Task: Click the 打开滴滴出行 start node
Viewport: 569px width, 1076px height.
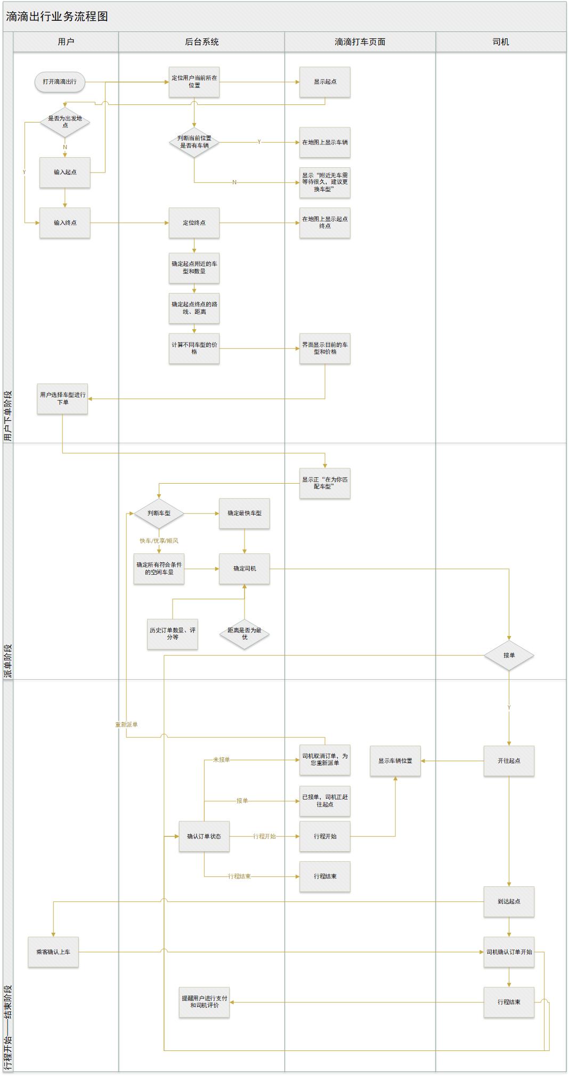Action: (60, 82)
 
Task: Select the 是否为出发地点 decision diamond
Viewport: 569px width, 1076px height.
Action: (65, 122)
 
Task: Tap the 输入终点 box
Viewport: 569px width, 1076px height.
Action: (65, 223)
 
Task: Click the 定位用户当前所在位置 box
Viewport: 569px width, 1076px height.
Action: (194, 82)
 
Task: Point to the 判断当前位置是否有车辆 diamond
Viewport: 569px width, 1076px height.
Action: (194, 142)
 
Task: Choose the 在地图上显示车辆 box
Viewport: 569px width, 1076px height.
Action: (325, 142)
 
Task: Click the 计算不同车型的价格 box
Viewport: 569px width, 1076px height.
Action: (194, 349)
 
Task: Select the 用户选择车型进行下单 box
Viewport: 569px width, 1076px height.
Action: (62, 399)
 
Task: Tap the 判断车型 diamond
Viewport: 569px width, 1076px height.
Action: (159, 513)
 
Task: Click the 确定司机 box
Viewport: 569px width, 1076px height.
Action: (245, 569)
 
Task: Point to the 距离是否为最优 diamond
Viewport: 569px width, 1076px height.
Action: (245, 634)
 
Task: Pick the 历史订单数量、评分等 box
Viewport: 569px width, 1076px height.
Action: (173, 634)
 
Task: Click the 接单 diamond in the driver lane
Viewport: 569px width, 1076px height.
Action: (509, 655)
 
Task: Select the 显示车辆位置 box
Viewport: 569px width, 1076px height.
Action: (395, 761)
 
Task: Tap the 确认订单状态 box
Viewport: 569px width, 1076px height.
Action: (204, 836)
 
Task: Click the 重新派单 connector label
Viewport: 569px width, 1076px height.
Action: (126, 725)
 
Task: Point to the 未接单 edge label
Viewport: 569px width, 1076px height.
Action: (222, 760)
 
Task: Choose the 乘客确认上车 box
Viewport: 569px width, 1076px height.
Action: (53, 952)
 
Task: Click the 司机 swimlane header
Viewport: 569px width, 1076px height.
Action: (501, 42)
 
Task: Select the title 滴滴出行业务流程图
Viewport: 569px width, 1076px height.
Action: (57, 17)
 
